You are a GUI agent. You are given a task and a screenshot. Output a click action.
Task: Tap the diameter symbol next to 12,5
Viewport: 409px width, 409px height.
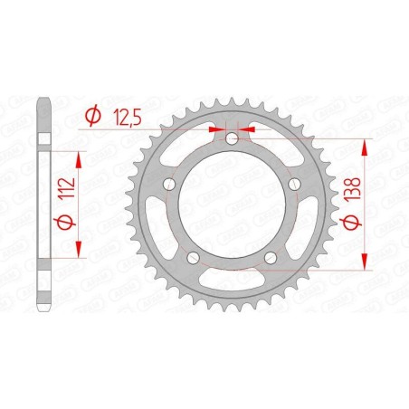[x=91, y=115]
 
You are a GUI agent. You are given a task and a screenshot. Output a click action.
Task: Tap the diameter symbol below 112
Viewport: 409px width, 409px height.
[x=64, y=223]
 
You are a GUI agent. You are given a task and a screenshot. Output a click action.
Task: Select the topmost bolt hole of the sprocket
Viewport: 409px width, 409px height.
[x=233, y=138]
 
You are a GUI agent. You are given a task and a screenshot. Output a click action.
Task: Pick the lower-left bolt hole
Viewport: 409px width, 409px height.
[x=191, y=258]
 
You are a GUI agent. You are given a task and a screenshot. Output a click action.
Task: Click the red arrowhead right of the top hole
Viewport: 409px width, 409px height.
[x=246, y=130]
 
